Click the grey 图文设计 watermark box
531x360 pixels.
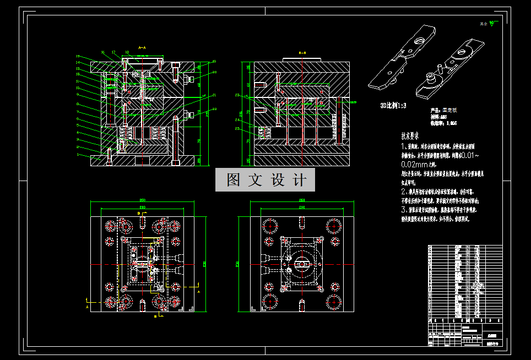(x=265, y=180)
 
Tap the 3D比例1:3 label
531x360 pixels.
(x=393, y=105)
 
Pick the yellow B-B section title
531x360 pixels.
(x=302, y=52)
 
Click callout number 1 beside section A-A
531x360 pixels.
(x=78, y=156)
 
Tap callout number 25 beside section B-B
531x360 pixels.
(x=237, y=129)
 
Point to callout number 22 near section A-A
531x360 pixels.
(x=214, y=109)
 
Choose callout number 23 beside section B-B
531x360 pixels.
(x=237, y=95)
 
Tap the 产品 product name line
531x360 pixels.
(x=444, y=110)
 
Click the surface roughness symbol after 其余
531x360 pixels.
(x=494, y=24)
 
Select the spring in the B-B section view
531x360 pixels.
(x=263, y=133)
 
